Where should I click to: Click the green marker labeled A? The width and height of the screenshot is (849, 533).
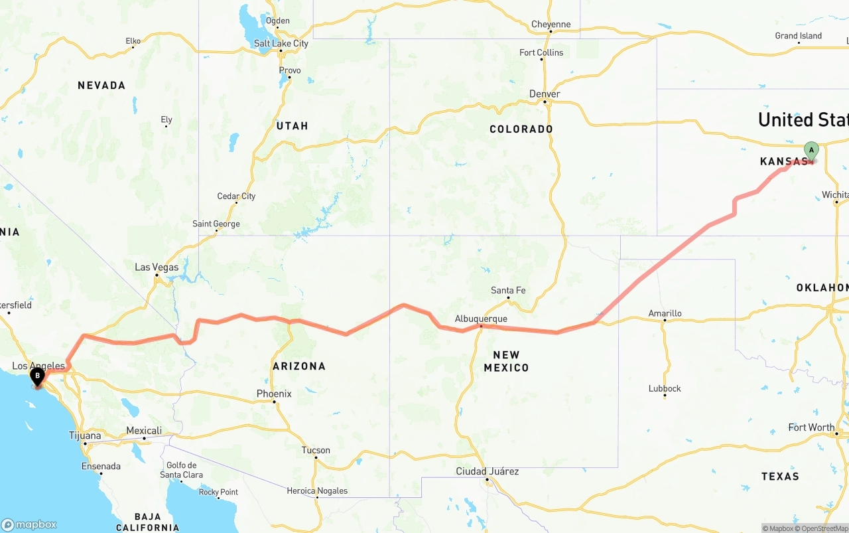[811, 151]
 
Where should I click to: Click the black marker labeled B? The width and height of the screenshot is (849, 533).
[37, 376]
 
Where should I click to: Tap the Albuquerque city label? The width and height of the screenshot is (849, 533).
[481, 319]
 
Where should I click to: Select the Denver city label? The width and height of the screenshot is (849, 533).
[545, 94]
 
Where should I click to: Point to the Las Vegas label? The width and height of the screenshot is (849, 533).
[157, 267]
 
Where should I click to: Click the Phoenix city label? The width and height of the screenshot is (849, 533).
[274, 394]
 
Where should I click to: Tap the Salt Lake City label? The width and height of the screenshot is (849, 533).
[281, 44]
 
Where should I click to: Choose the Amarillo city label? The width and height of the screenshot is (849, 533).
[665, 313]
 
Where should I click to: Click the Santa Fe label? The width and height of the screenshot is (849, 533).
[508, 290]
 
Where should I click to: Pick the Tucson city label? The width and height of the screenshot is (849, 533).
[316, 450]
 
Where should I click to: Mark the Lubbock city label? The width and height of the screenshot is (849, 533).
[665, 388]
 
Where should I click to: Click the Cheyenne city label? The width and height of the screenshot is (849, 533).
[551, 25]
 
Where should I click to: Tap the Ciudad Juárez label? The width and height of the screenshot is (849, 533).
[487, 471]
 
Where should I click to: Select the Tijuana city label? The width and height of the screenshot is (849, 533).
[85, 435]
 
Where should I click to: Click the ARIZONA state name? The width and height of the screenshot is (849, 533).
[298, 366]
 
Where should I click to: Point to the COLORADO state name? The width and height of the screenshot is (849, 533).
[521, 129]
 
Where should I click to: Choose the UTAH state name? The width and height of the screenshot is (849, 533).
[292, 125]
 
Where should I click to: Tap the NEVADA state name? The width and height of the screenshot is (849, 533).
[101, 86]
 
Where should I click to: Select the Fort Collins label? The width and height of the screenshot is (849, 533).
[541, 52]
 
